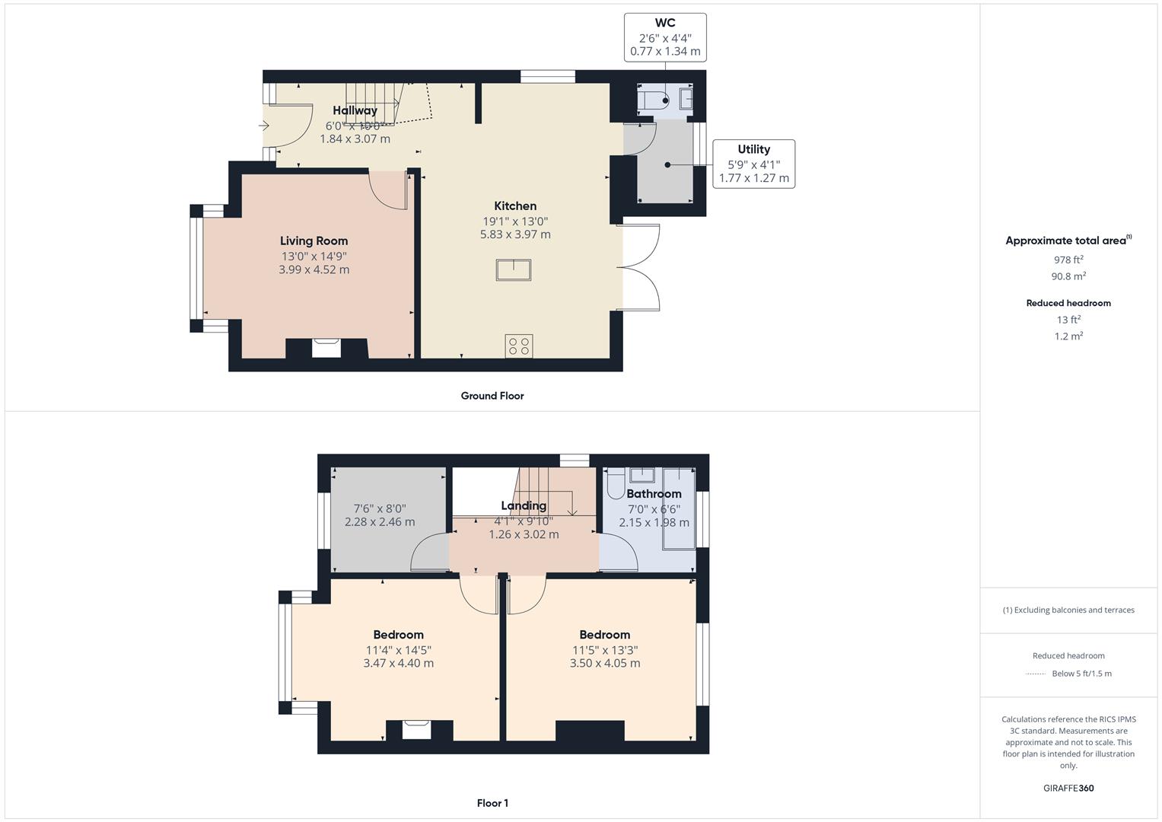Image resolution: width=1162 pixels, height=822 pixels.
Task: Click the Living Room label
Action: pos(314,241)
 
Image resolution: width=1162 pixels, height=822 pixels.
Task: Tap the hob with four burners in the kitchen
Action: pos(519,346)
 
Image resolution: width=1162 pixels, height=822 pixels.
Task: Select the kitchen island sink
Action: pos(513,270)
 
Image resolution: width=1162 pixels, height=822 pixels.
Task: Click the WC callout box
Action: pos(664,37)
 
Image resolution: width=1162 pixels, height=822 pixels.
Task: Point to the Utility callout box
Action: pos(753,164)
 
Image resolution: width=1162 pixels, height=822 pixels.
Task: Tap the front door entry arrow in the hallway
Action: pos(264,126)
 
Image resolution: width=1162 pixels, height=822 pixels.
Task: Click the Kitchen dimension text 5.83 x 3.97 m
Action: pos(515,234)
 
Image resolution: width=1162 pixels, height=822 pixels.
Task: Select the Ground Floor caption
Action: pos(492,396)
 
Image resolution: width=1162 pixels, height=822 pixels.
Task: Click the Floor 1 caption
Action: pos(492,803)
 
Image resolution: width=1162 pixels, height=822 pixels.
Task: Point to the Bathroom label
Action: pos(654,494)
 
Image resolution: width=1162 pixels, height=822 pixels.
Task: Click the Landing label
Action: pos(524,506)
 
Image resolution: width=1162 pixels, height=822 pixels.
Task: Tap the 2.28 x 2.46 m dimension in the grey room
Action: pos(380,522)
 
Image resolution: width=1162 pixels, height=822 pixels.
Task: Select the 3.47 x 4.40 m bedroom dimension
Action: pos(398,663)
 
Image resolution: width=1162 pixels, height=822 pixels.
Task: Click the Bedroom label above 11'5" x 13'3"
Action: pos(604,635)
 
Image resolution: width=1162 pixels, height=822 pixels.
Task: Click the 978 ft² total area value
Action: pos(1068,260)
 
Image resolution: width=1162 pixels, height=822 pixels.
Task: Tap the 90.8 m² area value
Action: pos(1068,276)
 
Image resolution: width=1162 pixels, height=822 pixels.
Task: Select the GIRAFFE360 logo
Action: pos(1068,788)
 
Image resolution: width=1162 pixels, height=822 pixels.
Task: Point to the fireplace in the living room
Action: pos(327,347)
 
